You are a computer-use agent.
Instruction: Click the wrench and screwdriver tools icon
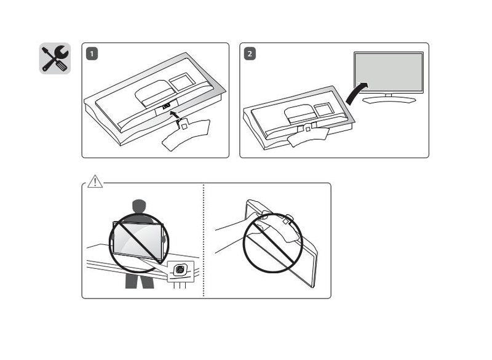point(55,58)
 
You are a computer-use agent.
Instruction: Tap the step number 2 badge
point(249,54)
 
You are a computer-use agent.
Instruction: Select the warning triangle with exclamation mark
point(95,182)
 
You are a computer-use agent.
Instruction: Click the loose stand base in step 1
point(184,134)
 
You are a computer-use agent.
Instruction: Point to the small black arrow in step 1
point(176,114)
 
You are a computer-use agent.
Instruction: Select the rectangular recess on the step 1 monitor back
point(181,82)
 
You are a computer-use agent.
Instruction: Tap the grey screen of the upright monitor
point(388,73)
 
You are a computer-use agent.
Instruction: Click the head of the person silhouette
point(140,207)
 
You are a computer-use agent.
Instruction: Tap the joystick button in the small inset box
point(180,270)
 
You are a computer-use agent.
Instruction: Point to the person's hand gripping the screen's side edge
point(163,234)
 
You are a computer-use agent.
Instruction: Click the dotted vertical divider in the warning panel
point(204,240)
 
